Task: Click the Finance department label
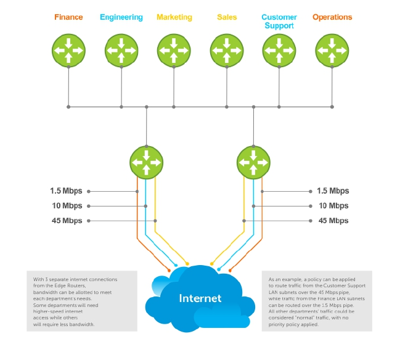coord(68,17)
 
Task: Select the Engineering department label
coord(121,17)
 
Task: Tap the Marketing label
coord(174,17)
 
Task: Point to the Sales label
coord(227,17)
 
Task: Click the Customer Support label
coord(279,22)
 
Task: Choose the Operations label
coord(332,17)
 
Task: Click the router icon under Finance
coord(68,50)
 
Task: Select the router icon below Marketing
coord(174,50)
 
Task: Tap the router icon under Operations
coord(332,50)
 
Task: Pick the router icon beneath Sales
coord(227,50)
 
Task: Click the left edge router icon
coord(146,162)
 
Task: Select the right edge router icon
coord(253,162)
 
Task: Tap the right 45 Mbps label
coord(333,221)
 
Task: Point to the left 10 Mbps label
coord(67,206)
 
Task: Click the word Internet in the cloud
coord(200,298)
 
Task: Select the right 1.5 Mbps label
coord(333,191)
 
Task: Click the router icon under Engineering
coord(121,50)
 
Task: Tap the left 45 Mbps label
coord(67,221)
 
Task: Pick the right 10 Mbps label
coord(333,206)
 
